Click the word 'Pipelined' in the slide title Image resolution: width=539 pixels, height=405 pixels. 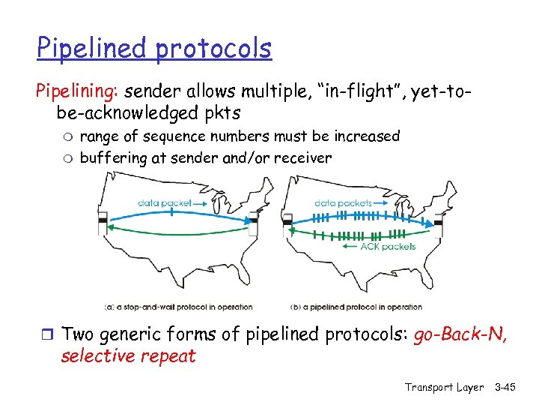93,49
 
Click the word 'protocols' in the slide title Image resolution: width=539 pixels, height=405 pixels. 214,49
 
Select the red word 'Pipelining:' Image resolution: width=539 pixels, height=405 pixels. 78,91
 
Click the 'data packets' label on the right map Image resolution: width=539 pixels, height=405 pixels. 344,202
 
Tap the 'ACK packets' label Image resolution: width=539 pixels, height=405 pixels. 387,247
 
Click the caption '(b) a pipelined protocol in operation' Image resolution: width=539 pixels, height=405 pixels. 356,307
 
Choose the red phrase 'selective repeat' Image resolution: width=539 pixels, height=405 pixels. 128,355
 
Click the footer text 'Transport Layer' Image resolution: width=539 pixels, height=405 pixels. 444,387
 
